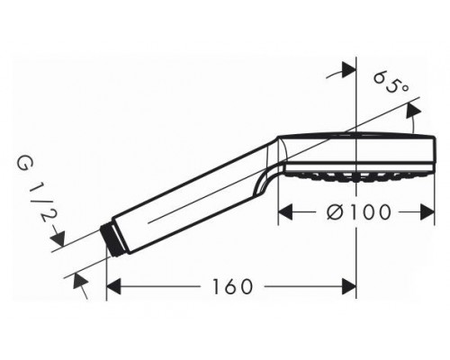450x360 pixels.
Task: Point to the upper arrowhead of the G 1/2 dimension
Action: coord(58,236)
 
